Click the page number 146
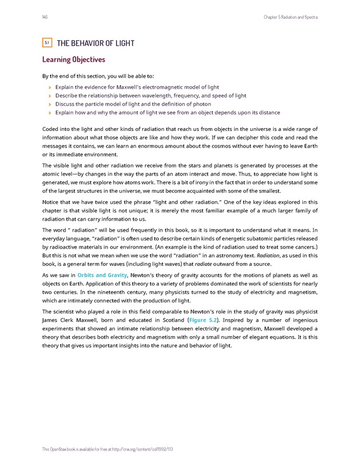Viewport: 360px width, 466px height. point(45,17)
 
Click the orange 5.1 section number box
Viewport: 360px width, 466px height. point(47,43)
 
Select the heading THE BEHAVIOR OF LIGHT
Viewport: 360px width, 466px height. point(95,43)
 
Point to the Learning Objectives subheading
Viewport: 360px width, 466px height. point(74,59)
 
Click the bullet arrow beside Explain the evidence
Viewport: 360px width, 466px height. point(50,87)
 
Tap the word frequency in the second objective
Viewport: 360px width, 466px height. point(186,96)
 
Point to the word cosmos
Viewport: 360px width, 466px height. point(221,146)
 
